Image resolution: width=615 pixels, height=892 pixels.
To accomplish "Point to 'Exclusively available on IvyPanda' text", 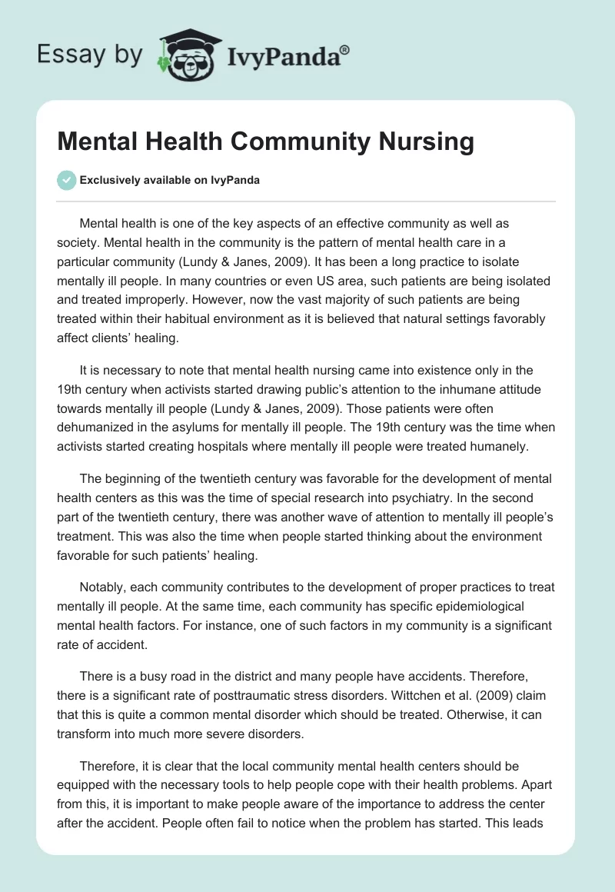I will click(x=170, y=180).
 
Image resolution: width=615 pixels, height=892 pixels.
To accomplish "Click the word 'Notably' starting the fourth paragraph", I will click(x=103, y=587).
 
